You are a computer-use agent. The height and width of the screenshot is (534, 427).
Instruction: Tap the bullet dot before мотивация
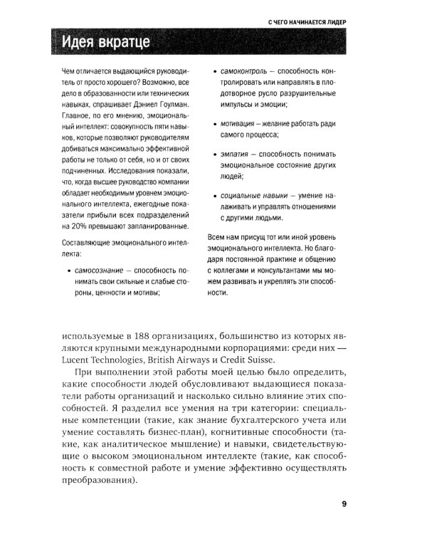tap(214, 124)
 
